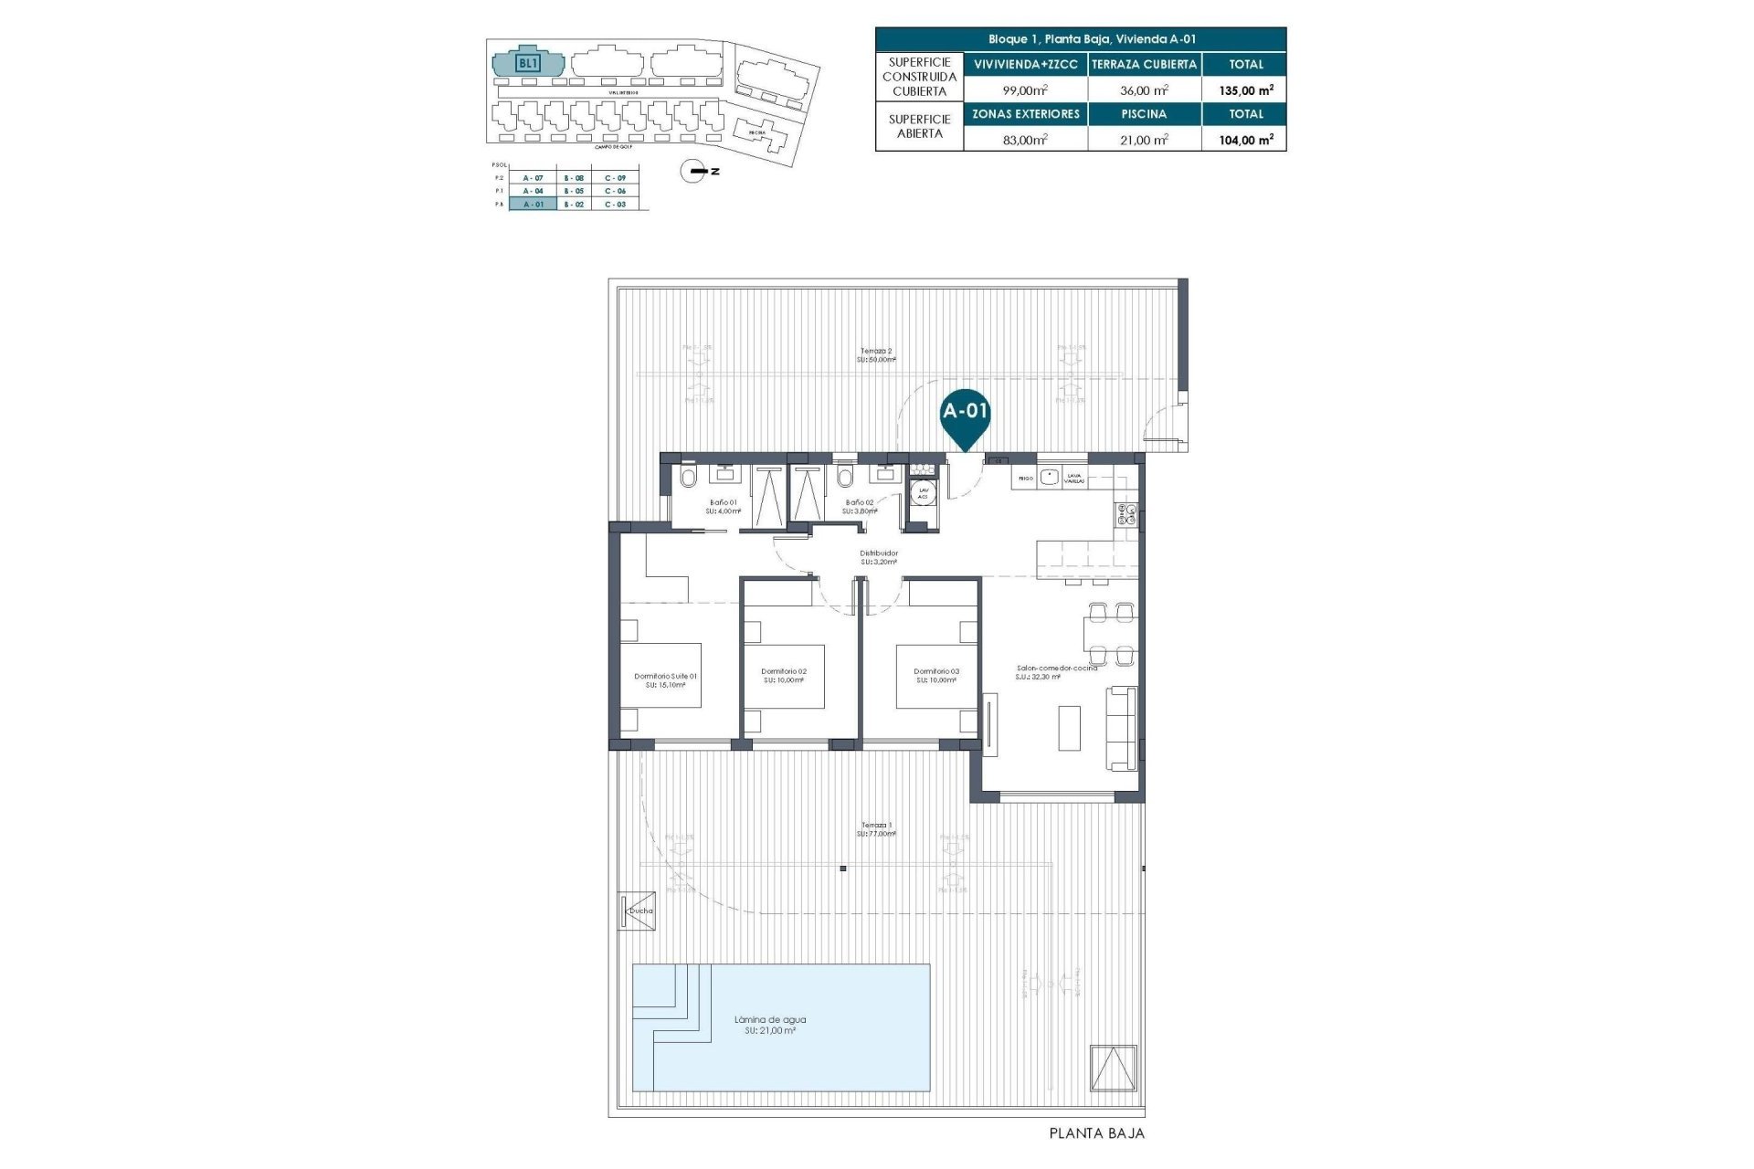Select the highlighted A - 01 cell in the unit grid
(x=533, y=205)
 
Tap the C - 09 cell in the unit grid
(x=615, y=177)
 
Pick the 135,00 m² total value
(x=1246, y=90)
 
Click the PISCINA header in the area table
(x=1144, y=114)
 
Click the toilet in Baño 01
(x=689, y=477)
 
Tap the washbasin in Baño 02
(x=885, y=473)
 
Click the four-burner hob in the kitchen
(x=1124, y=514)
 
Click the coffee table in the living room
(x=1068, y=728)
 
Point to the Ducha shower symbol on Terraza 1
(x=637, y=911)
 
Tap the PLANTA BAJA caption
(x=1096, y=1133)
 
